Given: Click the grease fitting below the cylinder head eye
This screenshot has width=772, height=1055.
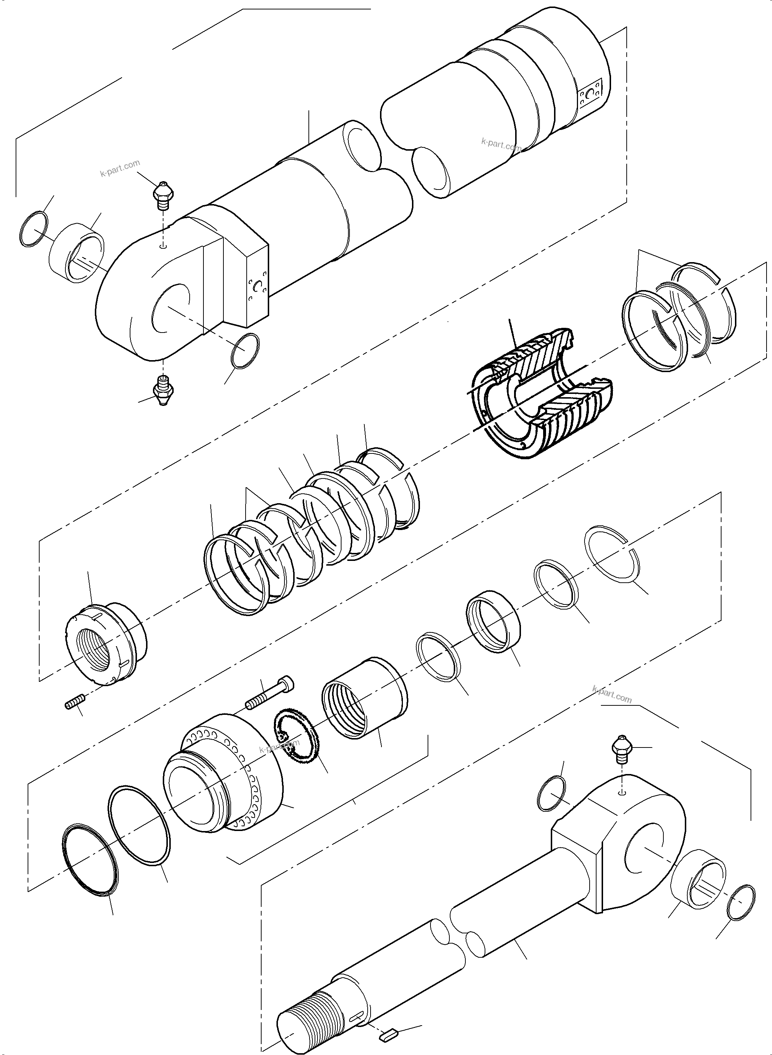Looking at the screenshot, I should (x=162, y=390).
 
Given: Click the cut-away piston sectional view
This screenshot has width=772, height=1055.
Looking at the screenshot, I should (x=542, y=392).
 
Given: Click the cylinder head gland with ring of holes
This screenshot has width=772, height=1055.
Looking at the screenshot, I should (x=224, y=775).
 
